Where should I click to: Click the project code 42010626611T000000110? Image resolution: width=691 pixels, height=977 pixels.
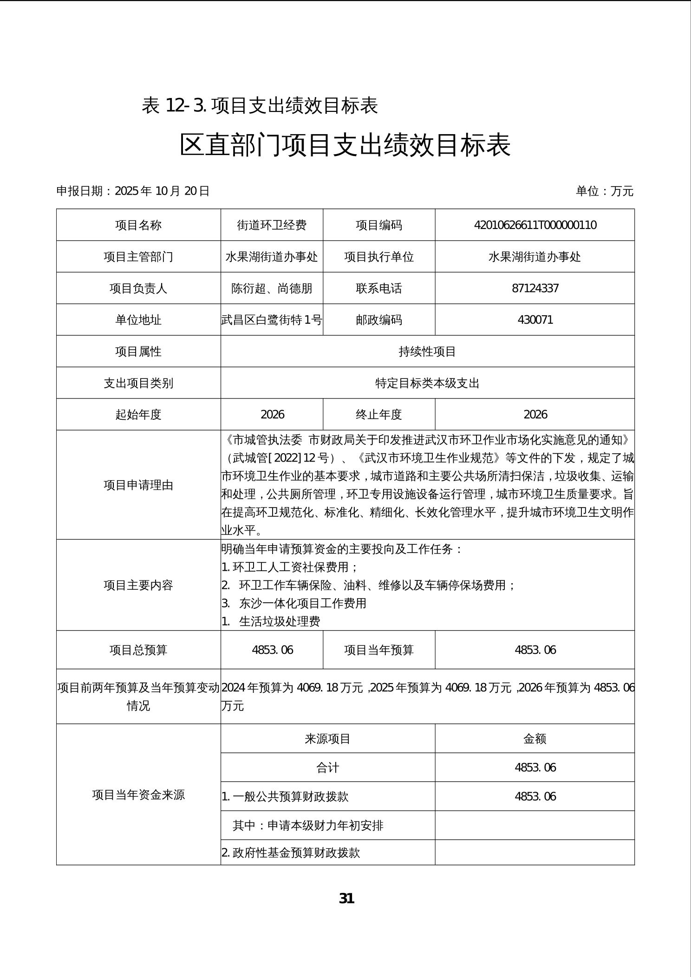535,225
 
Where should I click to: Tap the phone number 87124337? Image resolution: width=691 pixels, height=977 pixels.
535,288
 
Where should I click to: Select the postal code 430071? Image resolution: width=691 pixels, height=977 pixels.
535,320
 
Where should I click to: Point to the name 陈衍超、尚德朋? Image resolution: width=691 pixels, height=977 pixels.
272,288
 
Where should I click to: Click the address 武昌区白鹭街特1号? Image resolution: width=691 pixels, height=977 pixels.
272,320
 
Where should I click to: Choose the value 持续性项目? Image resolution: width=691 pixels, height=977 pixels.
427,352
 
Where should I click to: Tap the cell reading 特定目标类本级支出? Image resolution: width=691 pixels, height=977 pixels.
427,383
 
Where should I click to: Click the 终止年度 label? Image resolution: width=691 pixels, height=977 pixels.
379,415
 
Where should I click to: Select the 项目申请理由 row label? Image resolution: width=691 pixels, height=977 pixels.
138,485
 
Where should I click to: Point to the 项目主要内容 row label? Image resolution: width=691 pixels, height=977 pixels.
138,585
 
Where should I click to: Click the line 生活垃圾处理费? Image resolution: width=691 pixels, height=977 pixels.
280,622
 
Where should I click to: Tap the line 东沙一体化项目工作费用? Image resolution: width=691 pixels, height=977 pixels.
302,603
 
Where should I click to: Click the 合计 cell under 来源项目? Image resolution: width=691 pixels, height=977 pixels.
327,768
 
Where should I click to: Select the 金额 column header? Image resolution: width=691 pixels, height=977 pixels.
535,739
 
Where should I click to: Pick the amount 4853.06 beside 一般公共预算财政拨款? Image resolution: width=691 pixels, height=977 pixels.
535,797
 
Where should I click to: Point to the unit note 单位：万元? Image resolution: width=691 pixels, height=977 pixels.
605,191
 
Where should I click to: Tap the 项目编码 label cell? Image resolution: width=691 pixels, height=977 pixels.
379,225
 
